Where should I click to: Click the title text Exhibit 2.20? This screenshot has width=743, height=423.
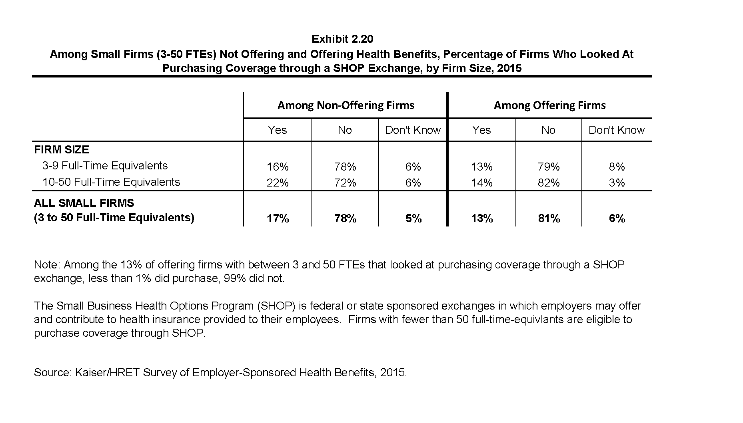[342, 39]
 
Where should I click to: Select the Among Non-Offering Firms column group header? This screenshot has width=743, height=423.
[346, 105]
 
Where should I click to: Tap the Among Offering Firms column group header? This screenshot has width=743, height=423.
[550, 105]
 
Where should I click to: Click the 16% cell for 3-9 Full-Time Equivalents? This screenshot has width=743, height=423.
[278, 167]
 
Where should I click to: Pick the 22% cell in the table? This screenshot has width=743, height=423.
[278, 183]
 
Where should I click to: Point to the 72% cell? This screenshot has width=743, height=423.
[345, 183]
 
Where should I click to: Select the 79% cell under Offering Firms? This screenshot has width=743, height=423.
[549, 167]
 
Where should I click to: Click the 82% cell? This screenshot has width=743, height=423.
[549, 183]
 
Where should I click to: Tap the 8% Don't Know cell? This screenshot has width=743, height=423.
[617, 167]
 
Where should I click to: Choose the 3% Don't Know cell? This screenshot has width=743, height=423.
[617, 183]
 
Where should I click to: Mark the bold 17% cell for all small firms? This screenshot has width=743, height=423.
[278, 218]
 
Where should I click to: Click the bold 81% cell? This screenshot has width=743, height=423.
[549, 218]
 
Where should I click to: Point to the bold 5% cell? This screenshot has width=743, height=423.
[413, 218]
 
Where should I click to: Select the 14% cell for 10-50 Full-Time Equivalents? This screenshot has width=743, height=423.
[482, 183]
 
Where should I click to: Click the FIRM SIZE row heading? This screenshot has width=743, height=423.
[62, 150]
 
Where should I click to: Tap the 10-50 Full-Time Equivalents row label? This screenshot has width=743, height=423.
[111, 182]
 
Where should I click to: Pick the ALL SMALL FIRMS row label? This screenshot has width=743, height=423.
[84, 203]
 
